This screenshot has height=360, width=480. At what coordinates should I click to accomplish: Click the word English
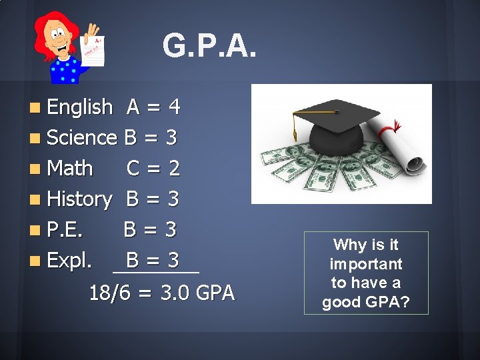point(79,107)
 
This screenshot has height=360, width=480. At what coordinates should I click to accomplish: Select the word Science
point(81,137)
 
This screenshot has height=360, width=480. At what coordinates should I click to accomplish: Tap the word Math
point(70,168)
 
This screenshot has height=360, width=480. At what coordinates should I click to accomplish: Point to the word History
point(79,199)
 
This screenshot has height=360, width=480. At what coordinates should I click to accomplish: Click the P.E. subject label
point(65,229)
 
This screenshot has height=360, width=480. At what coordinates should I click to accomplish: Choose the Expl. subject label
point(69,260)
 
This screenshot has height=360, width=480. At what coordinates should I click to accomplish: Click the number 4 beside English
point(175,107)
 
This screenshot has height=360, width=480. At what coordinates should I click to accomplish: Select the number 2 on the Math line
point(175,168)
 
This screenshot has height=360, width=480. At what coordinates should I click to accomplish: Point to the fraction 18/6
point(110,293)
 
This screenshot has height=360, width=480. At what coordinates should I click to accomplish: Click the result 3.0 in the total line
point(175,293)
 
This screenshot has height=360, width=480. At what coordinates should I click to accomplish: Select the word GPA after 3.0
point(215,293)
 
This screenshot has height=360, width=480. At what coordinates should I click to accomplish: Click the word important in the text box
point(366,263)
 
